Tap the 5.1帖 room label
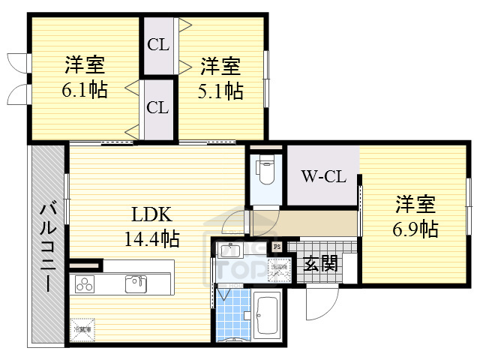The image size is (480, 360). coord(220,91)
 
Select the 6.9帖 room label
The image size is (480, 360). coord(416,228)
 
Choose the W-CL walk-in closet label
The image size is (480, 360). coord(322,177)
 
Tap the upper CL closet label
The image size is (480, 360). coord(157,44)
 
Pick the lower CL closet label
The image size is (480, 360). coord(157,107)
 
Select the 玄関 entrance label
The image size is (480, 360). coord(320,264)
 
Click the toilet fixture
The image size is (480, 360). coord(265,170)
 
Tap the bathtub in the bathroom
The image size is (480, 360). coord(266,316)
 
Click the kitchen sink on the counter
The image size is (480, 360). coord(137,283)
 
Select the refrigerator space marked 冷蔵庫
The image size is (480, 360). coord(82,328)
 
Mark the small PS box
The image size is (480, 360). coord(277,246)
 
